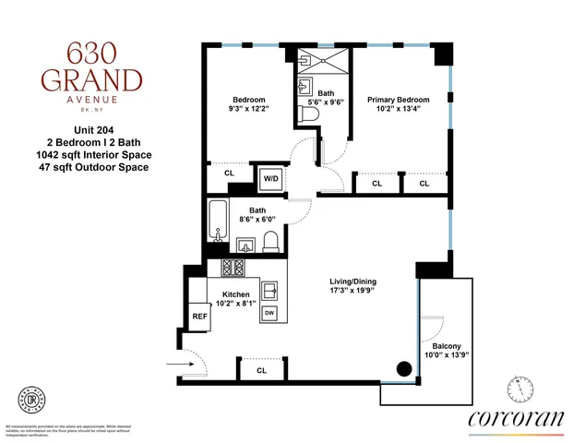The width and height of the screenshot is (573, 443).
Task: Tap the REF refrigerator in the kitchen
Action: [x=200, y=315]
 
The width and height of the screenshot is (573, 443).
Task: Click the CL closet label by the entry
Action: [x=261, y=370]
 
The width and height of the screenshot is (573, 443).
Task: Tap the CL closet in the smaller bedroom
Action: [x=229, y=173]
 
